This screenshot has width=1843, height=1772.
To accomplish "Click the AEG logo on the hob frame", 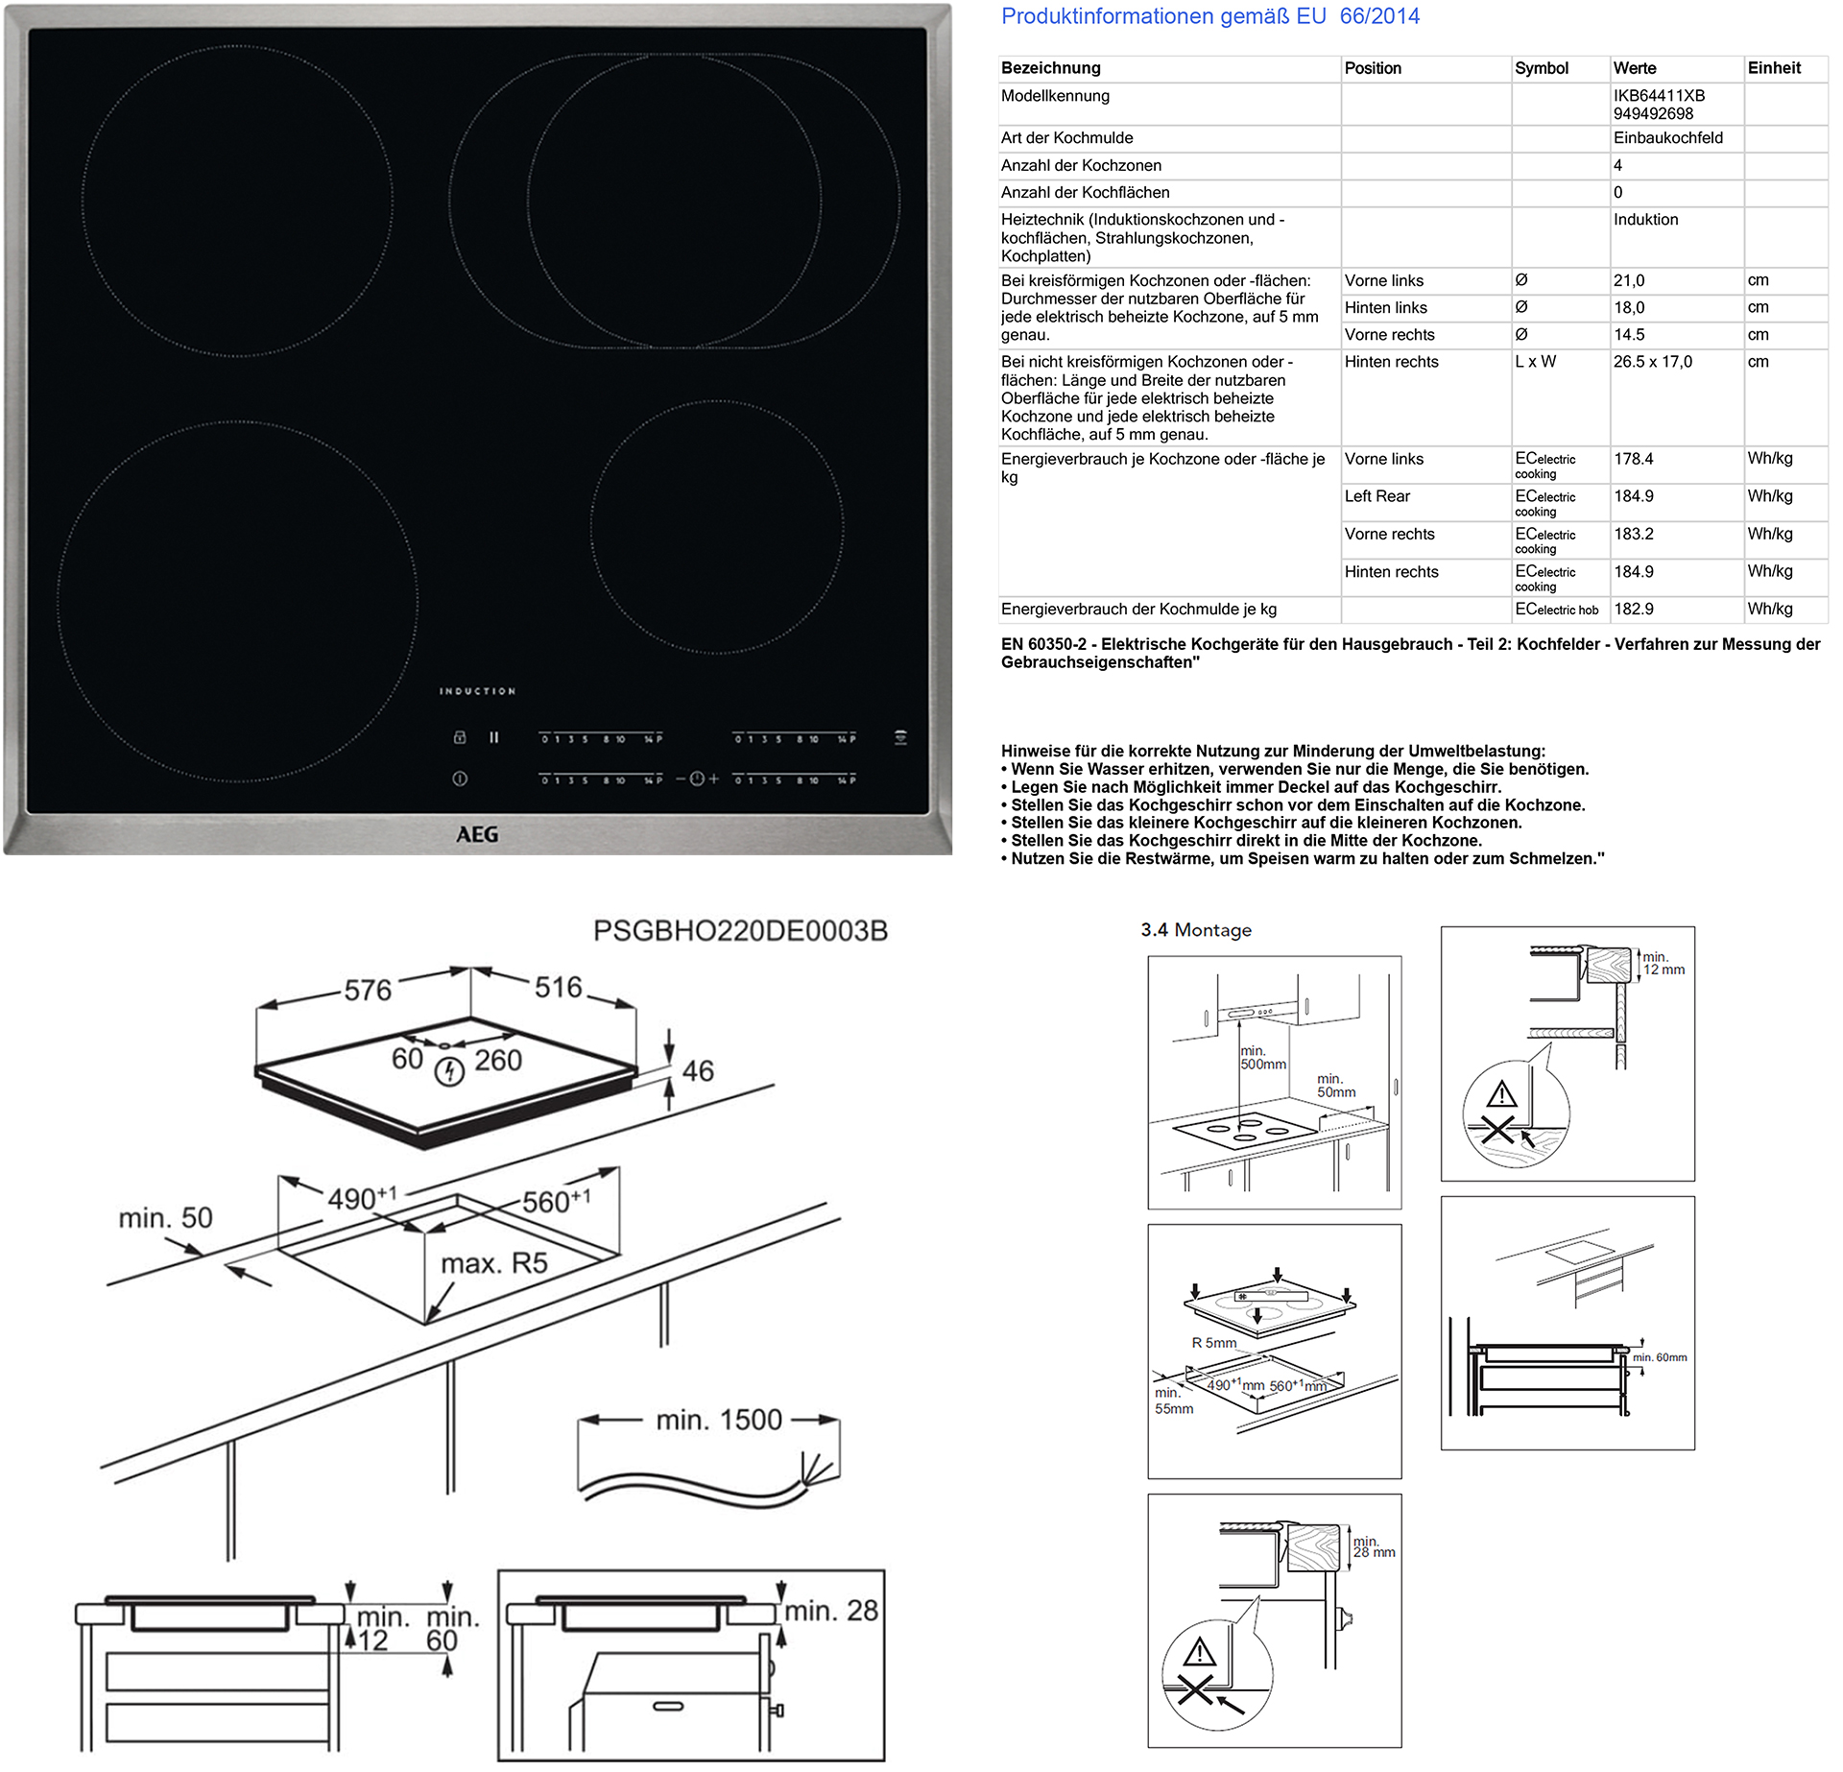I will click(x=477, y=834).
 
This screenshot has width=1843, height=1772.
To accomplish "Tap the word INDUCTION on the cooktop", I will click(x=478, y=691).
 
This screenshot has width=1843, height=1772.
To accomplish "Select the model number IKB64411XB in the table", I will click(x=1659, y=96).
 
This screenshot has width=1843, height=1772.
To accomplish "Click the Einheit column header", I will click(x=1774, y=68).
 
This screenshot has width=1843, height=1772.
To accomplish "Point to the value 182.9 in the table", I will click(x=1634, y=610).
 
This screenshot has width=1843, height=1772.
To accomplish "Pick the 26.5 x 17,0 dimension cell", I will click(x=1653, y=362).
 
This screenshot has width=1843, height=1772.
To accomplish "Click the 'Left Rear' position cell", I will click(x=1377, y=496).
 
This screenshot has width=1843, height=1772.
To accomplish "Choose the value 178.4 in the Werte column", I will click(x=1634, y=459).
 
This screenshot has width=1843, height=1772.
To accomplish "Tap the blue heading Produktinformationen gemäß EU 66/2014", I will click(x=1210, y=16).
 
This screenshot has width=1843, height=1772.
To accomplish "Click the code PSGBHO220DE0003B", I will click(x=740, y=931).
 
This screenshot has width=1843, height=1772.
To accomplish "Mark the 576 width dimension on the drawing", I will click(x=368, y=991).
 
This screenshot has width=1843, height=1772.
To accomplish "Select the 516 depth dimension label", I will click(x=558, y=988).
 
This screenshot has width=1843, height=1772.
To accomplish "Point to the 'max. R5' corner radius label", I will click(x=494, y=1263).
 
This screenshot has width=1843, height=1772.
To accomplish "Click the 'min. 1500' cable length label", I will click(x=719, y=1420).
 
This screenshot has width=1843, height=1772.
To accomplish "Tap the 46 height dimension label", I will click(x=698, y=1071).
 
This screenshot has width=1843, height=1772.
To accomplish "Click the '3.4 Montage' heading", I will click(x=1196, y=930).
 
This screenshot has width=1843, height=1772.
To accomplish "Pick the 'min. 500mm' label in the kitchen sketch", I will click(x=1262, y=1058).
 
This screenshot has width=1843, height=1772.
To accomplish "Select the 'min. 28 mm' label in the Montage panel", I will click(x=1374, y=1546).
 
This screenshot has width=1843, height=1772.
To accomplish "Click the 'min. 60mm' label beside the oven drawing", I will click(x=1660, y=1357).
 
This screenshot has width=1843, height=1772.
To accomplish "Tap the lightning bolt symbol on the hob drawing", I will click(x=449, y=1071).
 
